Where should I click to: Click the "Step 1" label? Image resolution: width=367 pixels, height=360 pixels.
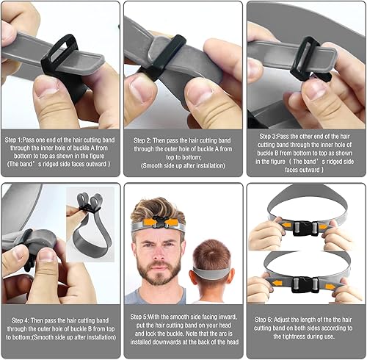pyautogui.click(x=16, y=137)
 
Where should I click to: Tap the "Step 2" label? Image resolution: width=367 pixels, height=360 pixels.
pyautogui.click(x=144, y=137)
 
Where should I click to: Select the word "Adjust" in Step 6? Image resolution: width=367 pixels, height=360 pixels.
pyautogui.click(x=285, y=320)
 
